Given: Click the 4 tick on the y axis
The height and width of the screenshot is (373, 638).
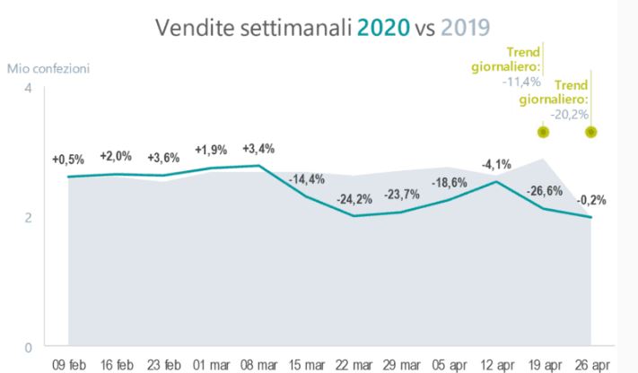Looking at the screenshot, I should pos(27,88).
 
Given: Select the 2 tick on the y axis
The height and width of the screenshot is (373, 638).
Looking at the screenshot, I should pos(27,217).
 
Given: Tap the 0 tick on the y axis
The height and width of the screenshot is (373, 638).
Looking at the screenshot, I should pos(27,346).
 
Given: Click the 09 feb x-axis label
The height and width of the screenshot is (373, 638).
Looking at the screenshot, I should pos(69,365).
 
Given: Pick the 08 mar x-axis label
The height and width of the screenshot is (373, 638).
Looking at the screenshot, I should pos(259,365).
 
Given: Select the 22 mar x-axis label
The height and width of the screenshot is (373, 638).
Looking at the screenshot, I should pos(354,365).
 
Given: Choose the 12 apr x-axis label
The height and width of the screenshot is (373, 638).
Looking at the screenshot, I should pos(496,365).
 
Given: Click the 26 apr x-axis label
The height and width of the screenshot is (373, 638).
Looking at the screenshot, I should pos(591,365).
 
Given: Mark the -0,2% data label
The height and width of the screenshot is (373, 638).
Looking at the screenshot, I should pos(590,199).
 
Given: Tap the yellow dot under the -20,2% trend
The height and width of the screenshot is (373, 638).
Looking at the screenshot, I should pos(590,132).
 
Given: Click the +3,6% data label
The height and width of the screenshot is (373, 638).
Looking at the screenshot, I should pos(162,156).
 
